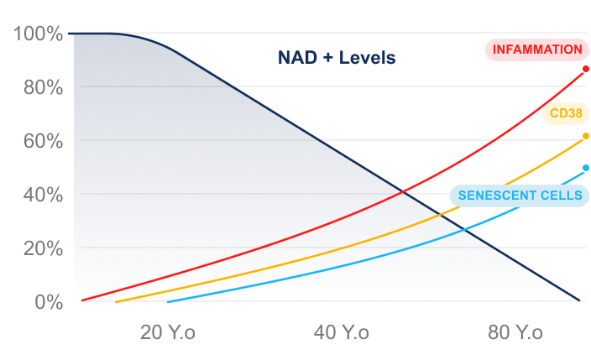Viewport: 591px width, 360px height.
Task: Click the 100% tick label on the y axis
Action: [x=39, y=34]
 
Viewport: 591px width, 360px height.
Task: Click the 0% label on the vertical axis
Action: [x=47, y=301]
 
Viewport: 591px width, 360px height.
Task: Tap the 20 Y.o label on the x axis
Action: [x=167, y=332]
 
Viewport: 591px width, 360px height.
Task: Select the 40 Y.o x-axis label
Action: [x=341, y=332]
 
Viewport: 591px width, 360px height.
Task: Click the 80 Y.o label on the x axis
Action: [x=515, y=332]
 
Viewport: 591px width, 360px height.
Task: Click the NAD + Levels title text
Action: [x=336, y=59]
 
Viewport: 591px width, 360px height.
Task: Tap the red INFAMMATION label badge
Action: [x=536, y=50]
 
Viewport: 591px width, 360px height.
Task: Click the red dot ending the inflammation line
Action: [x=585, y=69]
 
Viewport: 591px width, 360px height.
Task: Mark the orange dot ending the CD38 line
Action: [x=585, y=136]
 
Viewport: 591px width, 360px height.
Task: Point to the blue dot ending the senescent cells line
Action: [x=585, y=168]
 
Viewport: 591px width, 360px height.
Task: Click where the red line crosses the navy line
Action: [x=404, y=192]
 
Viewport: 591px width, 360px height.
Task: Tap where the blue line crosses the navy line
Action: [x=466, y=229]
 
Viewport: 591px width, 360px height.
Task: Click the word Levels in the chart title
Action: [x=366, y=59]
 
